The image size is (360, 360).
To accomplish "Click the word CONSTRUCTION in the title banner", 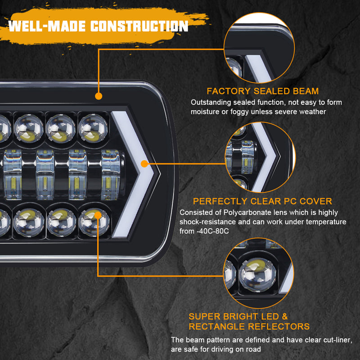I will pyautogui.click(x=139, y=26).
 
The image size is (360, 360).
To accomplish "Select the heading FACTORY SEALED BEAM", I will pyautogui.click(x=262, y=91).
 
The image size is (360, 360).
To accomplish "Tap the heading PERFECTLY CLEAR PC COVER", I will pyautogui.click(x=262, y=201).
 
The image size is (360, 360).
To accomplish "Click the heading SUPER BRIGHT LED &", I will pyautogui.click(x=238, y=317).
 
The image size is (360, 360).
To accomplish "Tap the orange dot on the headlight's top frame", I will pyautogui.click(x=98, y=95).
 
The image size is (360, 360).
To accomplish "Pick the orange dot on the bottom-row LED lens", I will pyautogui.click(x=98, y=215).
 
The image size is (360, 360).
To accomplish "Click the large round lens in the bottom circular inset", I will pyautogui.click(x=257, y=276).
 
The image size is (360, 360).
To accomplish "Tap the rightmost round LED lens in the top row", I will pyautogui.click(x=93, y=127).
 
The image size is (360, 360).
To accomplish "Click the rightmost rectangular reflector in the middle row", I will pyautogui.click(x=110, y=175).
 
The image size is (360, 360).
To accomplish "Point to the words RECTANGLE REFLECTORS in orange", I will pyautogui.click(x=249, y=327).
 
